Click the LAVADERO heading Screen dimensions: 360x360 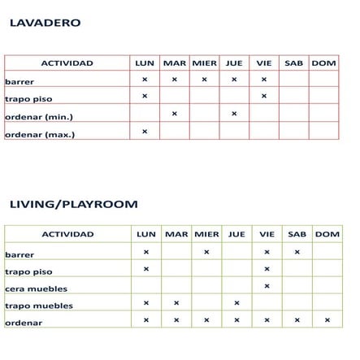pyautogui.click(x=45, y=23)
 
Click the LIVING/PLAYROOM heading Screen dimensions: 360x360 pyautogui.click(x=73, y=204)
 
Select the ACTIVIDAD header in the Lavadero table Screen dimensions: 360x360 pyautogui.click(x=67, y=63)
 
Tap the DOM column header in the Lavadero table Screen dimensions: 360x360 pyautogui.click(x=323, y=63)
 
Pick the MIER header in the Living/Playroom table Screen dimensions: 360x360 pyautogui.click(x=206, y=234)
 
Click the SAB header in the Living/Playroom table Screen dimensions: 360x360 pyautogui.click(x=297, y=234)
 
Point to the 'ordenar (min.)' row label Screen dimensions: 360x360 pyautogui.click(x=38, y=117)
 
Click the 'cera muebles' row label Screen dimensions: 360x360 pyautogui.click(x=36, y=288)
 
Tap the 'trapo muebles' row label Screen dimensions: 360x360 pyautogui.click(x=38, y=306)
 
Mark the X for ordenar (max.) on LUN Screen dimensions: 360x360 pyautogui.click(x=145, y=131)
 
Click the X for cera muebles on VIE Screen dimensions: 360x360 pyautogui.click(x=267, y=286)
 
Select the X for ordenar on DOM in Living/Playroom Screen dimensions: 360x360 pyautogui.click(x=327, y=320)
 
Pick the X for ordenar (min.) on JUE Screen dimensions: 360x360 pyautogui.click(x=234, y=114)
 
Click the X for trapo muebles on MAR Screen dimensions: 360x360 pyautogui.click(x=176, y=303)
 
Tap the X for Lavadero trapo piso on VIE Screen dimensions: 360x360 pyautogui.click(x=264, y=97)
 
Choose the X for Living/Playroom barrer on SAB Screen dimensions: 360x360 pyautogui.click(x=297, y=252)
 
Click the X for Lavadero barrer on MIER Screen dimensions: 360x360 pyautogui.click(x=204, y=80)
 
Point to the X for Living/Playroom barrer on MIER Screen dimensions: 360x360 pyautogui.click(x=206, y=252)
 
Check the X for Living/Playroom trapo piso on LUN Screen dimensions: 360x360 pyautogui.click(x=146, y=269)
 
